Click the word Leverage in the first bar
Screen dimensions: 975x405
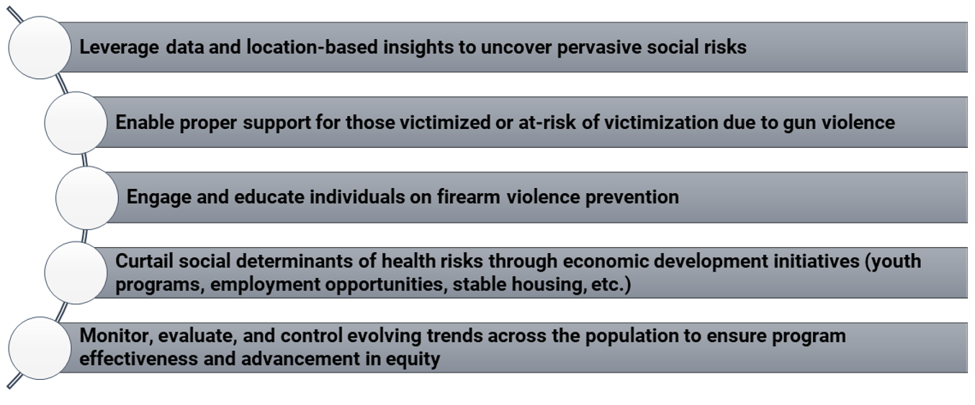point(119,48)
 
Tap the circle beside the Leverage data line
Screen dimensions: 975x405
point(40,48)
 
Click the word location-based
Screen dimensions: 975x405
point(312,47)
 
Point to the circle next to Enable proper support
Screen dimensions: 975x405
point(76,123)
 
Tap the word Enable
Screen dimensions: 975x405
point(145,123)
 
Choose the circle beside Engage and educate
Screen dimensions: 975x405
point(87,197)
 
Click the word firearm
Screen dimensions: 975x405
point(468,197)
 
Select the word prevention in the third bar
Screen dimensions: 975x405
point(632,197)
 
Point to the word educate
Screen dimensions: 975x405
point(269,197)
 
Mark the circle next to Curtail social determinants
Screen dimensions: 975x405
point(76,273)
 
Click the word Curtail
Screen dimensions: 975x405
point(144,262)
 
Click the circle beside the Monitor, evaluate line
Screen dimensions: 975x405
point(40,348)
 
